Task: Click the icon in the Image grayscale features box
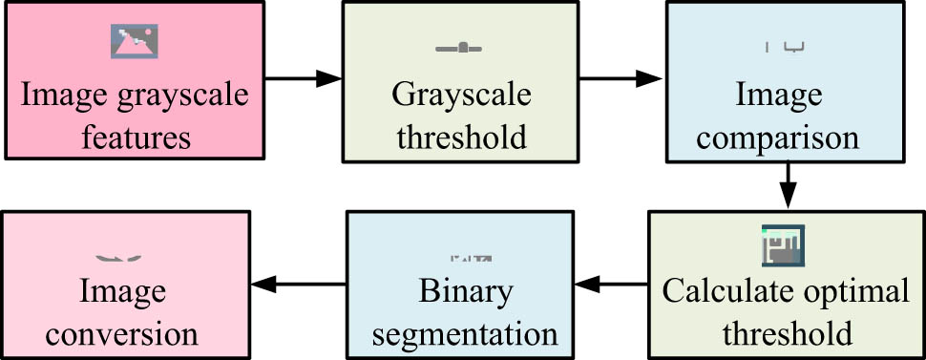pos(135,40)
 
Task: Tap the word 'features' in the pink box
pos(135,138)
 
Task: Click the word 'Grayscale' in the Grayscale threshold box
pos(461,96)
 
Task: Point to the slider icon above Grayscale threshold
pos(459,47)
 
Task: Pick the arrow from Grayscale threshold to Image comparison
pos(621,78)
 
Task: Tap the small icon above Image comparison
pos(787,45)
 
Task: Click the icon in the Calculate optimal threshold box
pos(783,244)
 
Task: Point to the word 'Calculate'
pos(720,291)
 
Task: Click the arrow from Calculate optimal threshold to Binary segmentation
pos(612,284)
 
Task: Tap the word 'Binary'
pos(465,291)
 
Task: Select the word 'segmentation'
pos(465,335)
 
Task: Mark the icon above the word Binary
pos(471,258)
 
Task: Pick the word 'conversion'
pos(121,335)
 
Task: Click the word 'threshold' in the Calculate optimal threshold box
pos(787,335)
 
